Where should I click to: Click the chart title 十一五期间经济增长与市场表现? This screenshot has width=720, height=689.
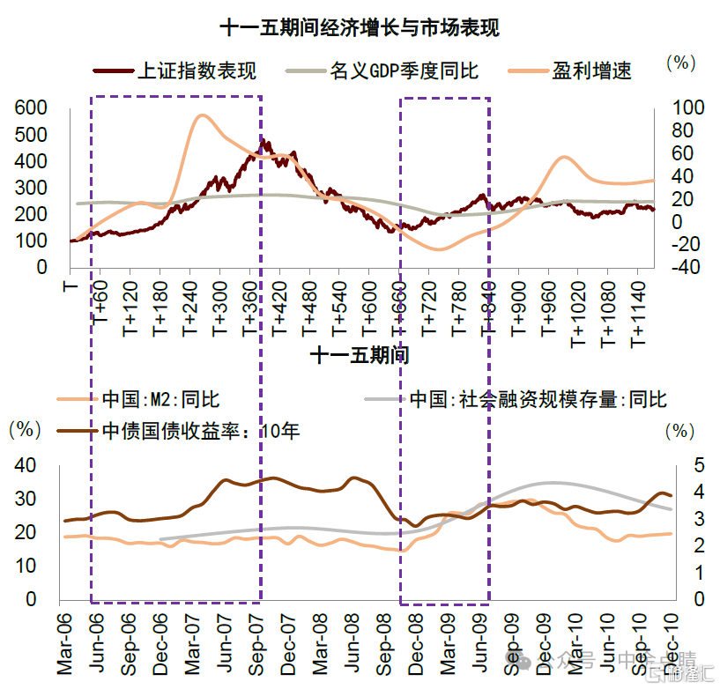[x=360, y=28]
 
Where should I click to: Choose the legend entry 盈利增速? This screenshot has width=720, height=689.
[x=591, y=70]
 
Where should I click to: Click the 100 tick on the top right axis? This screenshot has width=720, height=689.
[x=688, y=108]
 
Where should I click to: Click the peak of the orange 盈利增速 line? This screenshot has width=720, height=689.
[x=203, y=115]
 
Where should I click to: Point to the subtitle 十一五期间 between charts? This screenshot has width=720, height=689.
[x=360, y=356]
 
